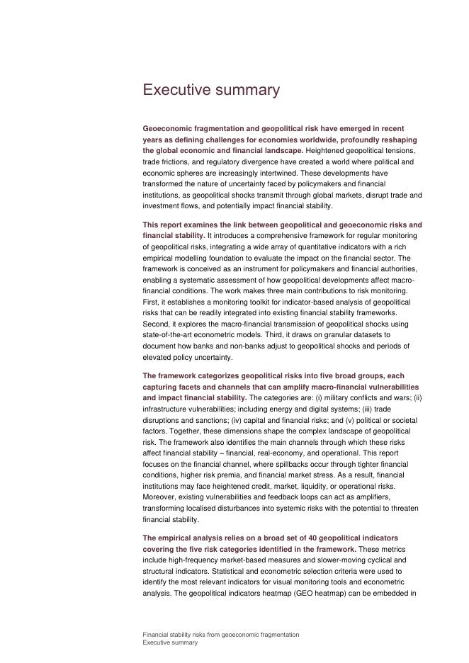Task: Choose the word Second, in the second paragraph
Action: tap(157, 324)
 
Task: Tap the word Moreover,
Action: tap(161, 497)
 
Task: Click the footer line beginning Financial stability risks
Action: tap(220, 635)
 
